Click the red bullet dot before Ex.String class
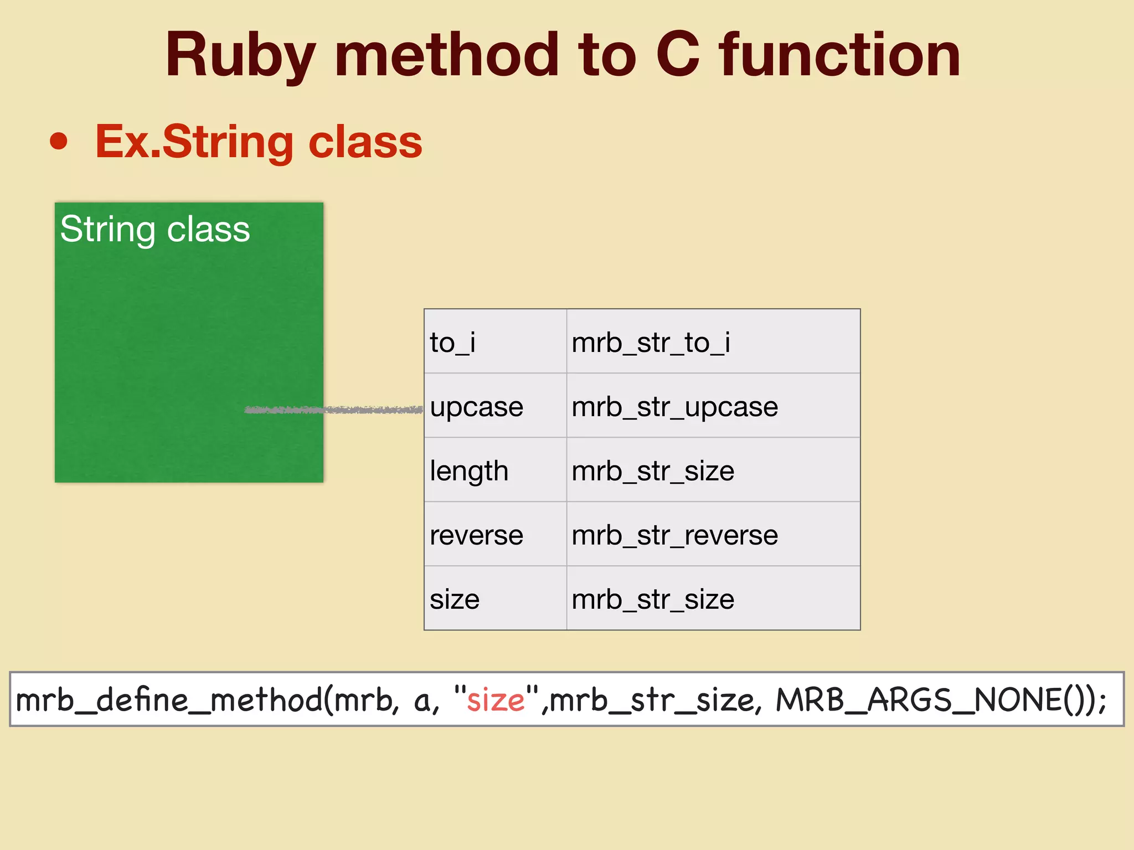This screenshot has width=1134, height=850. [x=59, y=141]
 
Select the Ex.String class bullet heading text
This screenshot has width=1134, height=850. [x=259, y=142]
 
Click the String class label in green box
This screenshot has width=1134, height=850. [x=155, y=229]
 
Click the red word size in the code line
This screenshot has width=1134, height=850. [x=496, y=700]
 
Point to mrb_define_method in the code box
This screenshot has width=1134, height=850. [x=169, y=700]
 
